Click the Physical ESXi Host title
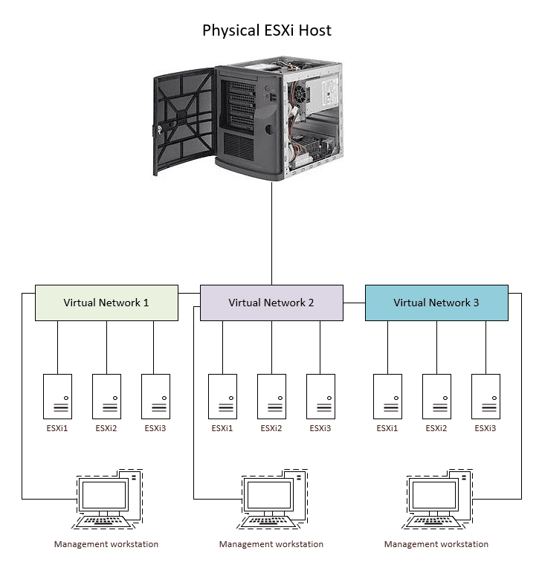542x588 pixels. tap(267, 30)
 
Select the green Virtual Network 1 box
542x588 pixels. tap(106, 303)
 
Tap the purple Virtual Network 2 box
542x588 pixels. tap(271, 303)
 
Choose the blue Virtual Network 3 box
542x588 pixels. tap(436, 303)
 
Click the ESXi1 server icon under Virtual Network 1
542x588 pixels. tap(57, 396)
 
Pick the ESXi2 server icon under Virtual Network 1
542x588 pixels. tap(106, 396)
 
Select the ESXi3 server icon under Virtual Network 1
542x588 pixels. tap(155, 396)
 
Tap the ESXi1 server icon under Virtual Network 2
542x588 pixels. tap(222, 396)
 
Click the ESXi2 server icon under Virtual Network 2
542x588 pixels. tap(271, 396)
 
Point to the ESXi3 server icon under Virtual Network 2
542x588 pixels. tap(320, 396)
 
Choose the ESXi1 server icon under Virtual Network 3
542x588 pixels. tap(387, 396)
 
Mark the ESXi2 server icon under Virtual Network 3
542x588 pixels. tap(436, 396)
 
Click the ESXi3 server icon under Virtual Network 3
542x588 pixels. tap(485, 396)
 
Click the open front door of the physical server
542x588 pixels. tap(183, 119)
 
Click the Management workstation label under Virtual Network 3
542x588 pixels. tap(436, 544)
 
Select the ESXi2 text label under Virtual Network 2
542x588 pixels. tap(271, 428)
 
